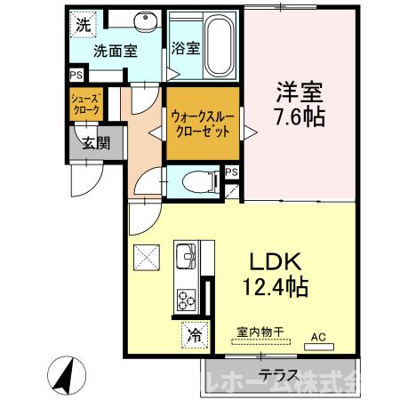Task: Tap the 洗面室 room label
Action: pyautogui.click(x=115, y=51)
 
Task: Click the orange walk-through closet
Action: pyautogui.click(x=201, y=123)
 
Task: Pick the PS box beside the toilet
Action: pyautogui.click(x=231, y=172)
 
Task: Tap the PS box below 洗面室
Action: pyautogui.click(x=76, y=76)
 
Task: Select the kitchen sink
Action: pyautogui.click(x=187, y=256)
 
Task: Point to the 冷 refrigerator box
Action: pyautogui.click(x=193, y=336)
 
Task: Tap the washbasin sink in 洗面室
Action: pyautogui.click(x=142, y=22)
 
